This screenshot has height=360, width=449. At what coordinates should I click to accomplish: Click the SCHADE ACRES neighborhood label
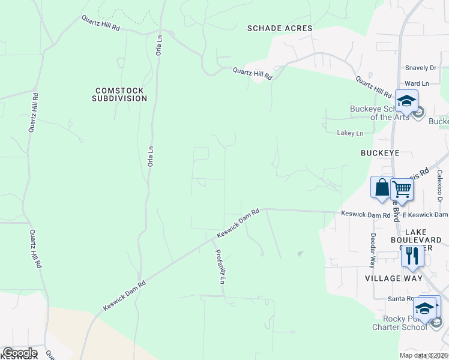[x=280, y=28]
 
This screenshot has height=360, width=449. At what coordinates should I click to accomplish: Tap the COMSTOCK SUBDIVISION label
[x=120, y=94]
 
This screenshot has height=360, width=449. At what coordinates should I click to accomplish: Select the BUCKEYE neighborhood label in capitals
[x=380, y=153]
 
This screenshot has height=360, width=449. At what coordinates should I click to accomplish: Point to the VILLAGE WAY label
[x=393, y=278]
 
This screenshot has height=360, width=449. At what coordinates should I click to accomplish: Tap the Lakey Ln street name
[x=351, y=133]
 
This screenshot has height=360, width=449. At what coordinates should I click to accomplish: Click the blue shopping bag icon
[x=382, y=188]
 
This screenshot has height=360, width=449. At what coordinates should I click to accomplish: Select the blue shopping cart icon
[x=402, y=189]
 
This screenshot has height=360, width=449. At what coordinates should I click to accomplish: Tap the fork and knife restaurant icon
[x=412, y=256]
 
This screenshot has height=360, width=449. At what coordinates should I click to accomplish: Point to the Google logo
[x=19, y=353]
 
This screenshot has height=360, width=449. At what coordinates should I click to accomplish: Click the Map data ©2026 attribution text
[x=423, y=355]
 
